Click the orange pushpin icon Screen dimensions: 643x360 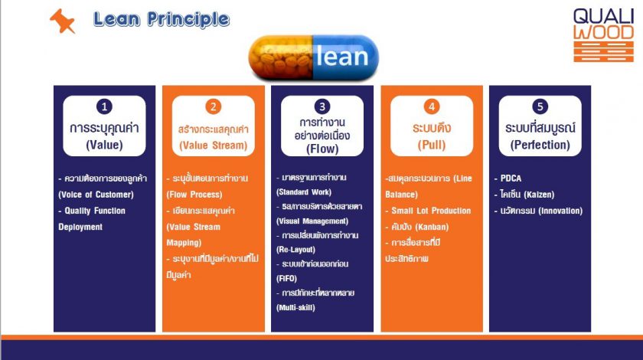(62, 21)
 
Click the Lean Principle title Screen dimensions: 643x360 (162, 19)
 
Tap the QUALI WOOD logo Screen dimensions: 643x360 (603, 35)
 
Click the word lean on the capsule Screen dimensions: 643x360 (342, 57)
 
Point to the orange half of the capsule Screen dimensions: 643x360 (281, 57)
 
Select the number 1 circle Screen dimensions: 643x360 (104, 106)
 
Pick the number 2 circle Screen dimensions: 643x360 (214, 106)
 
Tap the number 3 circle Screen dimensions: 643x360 (322, 106)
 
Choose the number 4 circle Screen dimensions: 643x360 (432, 106)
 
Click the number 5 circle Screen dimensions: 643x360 (540, 106)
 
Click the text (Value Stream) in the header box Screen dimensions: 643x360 (214, 146)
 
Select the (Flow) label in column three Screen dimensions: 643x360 (322, 149)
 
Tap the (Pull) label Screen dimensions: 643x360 (432, 145)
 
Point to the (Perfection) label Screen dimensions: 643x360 (540, 145)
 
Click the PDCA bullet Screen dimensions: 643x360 (508, 178)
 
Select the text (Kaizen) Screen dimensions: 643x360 (539, 195)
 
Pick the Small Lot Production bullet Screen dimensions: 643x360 (428, 211)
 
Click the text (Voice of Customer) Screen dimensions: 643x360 (96, 195)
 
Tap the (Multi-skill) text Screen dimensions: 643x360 (295, 307)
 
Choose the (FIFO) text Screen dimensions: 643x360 (286, 278)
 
